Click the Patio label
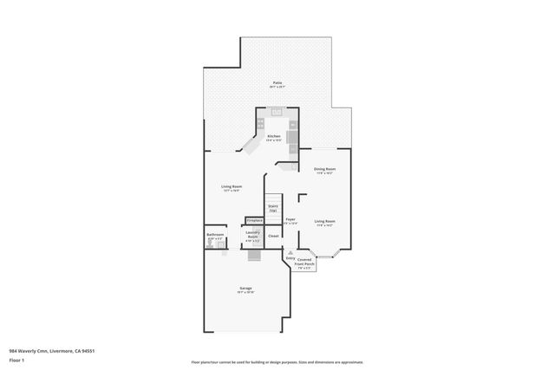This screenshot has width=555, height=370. (x=276, y=83)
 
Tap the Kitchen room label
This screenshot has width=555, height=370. (x=274, y=136)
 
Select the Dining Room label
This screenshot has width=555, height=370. (x=324, y=169)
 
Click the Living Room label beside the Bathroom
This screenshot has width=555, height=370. (x=231, y=186)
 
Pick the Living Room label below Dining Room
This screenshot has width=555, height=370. (x=324, y=221)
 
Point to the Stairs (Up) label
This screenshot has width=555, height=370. (x=272, y=207)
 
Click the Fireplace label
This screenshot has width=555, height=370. (x=253, y=220)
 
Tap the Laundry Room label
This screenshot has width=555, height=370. (x=253, y=233)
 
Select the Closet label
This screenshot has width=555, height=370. (x=273, y=236)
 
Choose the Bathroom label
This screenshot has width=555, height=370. (x=215, y=235)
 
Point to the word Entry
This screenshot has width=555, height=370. (x=290, y=257)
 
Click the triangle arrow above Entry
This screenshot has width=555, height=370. (x=290, y=251)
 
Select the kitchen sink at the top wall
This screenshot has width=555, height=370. (x=276, y=111)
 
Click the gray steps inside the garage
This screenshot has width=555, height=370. (x=253, y=256)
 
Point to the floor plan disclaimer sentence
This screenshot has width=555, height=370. (x=277, y=362)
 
